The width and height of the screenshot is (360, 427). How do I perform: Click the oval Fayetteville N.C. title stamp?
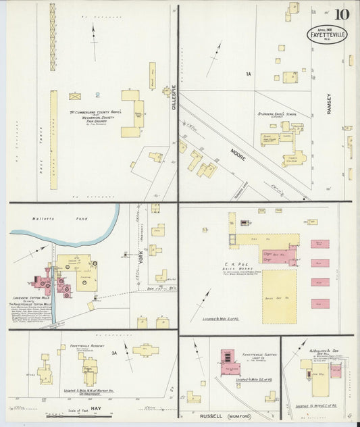click(329, 34)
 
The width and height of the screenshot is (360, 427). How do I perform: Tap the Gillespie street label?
click(174, 99)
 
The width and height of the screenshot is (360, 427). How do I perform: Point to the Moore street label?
click(238, 155)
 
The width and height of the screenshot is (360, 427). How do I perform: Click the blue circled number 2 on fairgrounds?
click(97, 95)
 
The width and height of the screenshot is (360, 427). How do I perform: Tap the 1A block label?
click(249, 74)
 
